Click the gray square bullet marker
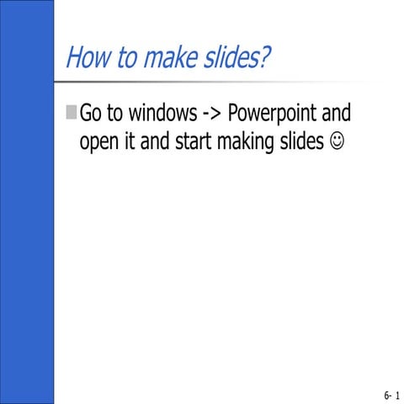pos(71,113)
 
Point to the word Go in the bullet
pos(90,114)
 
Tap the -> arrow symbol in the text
pos(210,114)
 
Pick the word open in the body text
pos(97,141)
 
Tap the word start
pos(193,141)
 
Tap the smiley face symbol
pos(338,142)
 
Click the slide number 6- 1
pos(391,394)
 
